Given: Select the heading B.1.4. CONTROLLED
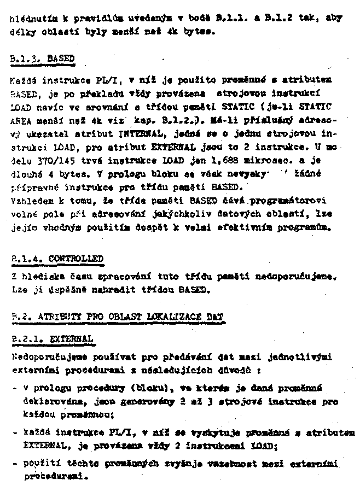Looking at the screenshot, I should pyautogui.click(x=57, y=258).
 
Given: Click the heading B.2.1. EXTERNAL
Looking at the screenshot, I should pyautogui.click(x=52, y=339).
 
